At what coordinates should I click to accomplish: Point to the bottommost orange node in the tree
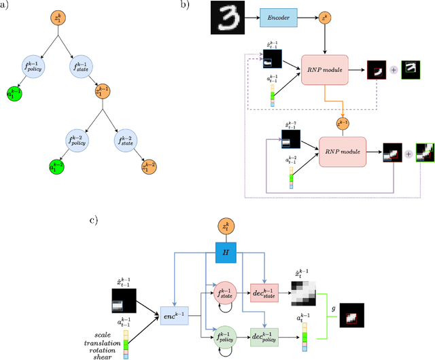coord(148,166)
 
